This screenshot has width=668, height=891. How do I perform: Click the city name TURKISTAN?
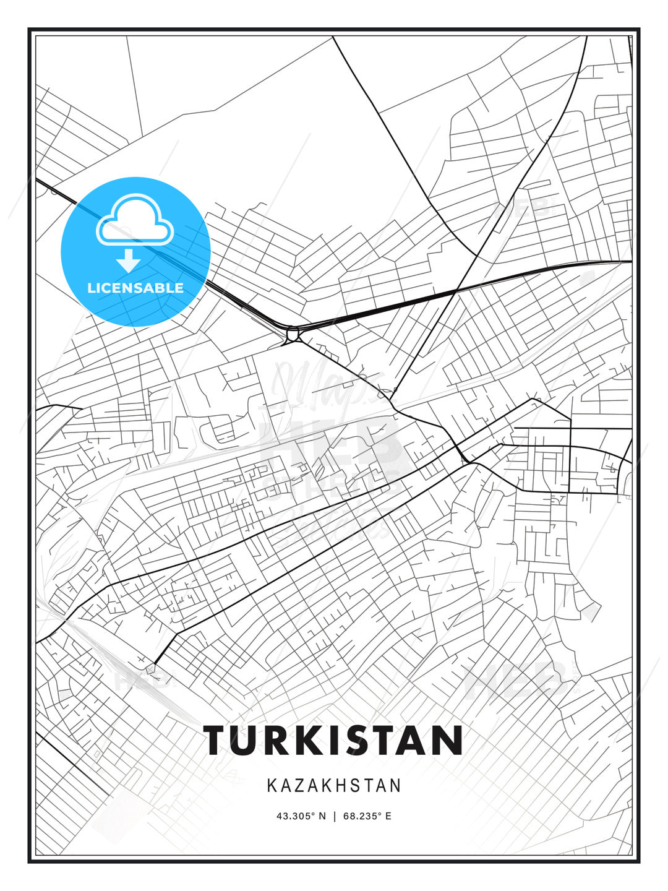pos(334,740)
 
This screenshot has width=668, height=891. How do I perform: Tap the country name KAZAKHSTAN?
pos(334,786)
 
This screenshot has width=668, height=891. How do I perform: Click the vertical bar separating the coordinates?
pos(335,816)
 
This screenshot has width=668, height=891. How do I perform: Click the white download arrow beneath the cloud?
pos(129,260)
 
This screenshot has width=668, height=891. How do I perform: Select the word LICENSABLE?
pos(135,288)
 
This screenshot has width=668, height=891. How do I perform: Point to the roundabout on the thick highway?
pos(292,335)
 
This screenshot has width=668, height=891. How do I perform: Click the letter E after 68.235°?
pos(388,816)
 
